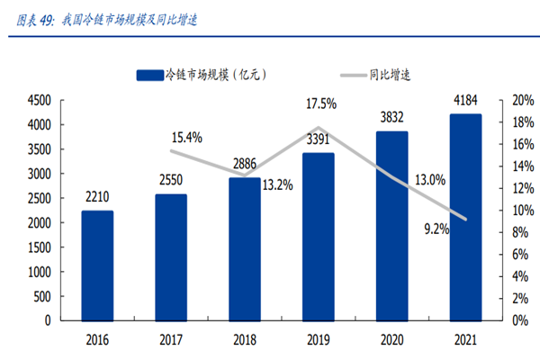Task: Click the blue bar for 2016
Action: click(x=97, y=265)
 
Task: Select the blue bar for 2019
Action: click(x=318, y=237)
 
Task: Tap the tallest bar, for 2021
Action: click(x=464, y=217)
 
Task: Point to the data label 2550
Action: click(x=170, y=180)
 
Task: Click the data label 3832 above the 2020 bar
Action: click(x=391, y=117)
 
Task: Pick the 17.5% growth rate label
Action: click(x=320, y=104)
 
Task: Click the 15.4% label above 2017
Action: click(x=186, y=138)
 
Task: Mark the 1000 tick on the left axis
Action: click(x=40, y=271)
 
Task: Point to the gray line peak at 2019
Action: click(x=318, y=128)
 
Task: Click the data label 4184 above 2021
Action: click(x=465, y=99)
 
